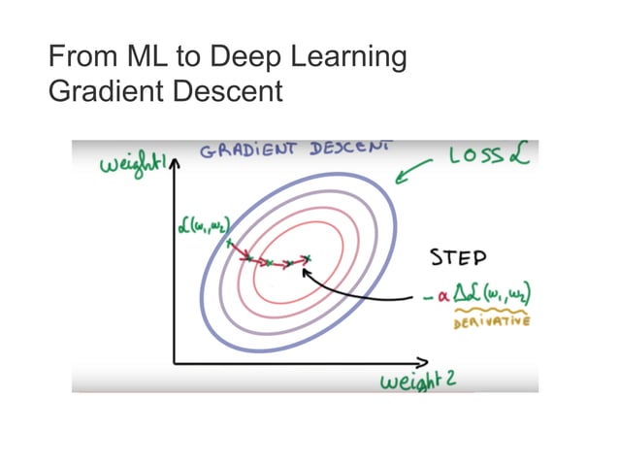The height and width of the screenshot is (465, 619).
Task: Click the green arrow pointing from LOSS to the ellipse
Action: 415,174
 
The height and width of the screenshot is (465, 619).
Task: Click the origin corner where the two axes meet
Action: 176,362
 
